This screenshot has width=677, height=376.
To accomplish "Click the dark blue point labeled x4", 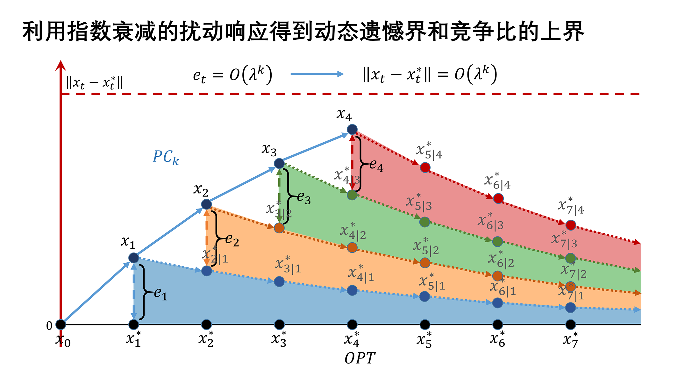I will click(352, 130).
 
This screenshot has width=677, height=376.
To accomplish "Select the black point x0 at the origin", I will click(61, 324).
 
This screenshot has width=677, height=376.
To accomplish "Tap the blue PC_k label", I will click(166, 157).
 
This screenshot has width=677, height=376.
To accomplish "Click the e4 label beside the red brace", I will click(376, 166).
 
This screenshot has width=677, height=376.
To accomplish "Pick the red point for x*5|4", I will click(425, 167).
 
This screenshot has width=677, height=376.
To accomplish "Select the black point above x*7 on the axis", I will click(570, 324).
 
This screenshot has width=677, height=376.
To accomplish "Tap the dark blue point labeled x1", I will click(134, 258).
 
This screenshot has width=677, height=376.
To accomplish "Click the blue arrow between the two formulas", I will click(317, 74).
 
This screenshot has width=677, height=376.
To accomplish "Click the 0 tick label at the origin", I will click(49, 326).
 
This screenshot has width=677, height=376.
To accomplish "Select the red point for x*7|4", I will click(571, 225).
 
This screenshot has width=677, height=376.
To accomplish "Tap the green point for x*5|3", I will click(424, 222).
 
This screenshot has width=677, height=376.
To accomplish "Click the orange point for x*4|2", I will click(352, 247).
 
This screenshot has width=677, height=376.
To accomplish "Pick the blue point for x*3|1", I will click(279, 281).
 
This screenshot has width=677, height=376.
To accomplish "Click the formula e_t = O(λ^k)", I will click(232, 75).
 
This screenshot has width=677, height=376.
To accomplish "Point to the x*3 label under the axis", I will click(279, 339).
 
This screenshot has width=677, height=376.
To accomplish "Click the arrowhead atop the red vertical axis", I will click(61, 65).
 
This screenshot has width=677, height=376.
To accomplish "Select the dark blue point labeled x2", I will click(206, 204).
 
